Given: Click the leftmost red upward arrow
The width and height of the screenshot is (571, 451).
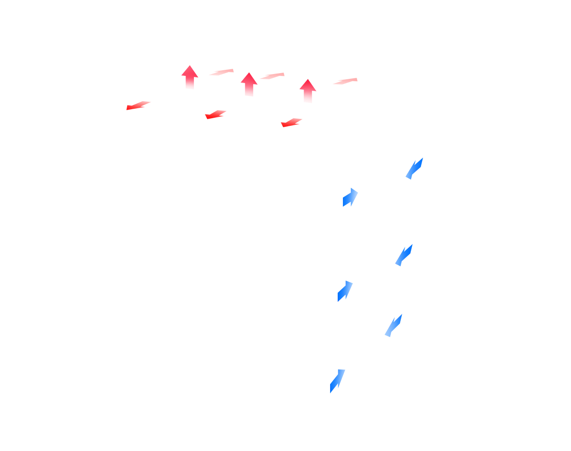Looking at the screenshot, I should tap(189, 77).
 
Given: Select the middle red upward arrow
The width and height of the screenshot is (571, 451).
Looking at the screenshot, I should tap(249, 85).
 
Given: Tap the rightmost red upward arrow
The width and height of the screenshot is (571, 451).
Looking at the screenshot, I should tap(308, 91).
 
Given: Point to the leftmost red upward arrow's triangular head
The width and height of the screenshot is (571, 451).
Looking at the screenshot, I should tap(189, 72).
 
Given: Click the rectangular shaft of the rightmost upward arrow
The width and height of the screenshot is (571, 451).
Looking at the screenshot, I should tap(308, 97).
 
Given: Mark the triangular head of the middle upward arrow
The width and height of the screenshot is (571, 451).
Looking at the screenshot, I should tap(249, 79).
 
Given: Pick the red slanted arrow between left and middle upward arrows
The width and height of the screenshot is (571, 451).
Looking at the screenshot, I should tap(221, 72).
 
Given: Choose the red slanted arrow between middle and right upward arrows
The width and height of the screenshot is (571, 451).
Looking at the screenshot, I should tap(271, 76).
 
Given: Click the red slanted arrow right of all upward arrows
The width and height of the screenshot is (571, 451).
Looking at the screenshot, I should tap(345, 81).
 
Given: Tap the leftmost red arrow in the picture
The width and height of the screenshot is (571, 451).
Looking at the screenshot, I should tap(138, 105).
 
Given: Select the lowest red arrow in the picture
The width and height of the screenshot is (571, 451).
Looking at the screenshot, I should tap(292, 123).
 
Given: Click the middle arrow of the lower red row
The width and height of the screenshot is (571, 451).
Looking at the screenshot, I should tap(216, 115).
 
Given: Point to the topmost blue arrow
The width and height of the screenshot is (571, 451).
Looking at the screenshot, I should tap(414, 169).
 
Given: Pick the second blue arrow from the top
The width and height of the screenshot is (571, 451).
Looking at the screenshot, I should tap(350, 197).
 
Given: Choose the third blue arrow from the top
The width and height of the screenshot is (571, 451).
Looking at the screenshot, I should tap(404, 255).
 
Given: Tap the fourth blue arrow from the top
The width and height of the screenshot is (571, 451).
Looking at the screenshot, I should tap(345, 291).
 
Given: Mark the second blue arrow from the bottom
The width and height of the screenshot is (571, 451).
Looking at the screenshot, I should tap(393, 325).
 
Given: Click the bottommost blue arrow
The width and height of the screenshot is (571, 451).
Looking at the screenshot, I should tap(337, 381).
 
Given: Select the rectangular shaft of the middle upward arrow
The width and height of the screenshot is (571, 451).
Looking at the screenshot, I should tap(249, 91).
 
